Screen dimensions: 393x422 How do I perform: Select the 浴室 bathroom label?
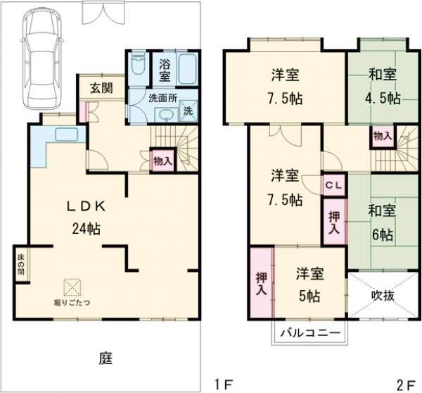[164, 70]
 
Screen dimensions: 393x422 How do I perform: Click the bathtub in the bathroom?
[187, 69]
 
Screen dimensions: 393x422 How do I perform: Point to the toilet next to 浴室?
[139, 68]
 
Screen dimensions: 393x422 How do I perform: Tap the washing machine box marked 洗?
[188, 111]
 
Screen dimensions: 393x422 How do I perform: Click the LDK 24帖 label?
[85, 217]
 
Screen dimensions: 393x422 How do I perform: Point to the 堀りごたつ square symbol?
[72, 288]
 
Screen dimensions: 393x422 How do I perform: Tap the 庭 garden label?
[105, 358]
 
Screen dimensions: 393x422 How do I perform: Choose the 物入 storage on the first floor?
[162, 160]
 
